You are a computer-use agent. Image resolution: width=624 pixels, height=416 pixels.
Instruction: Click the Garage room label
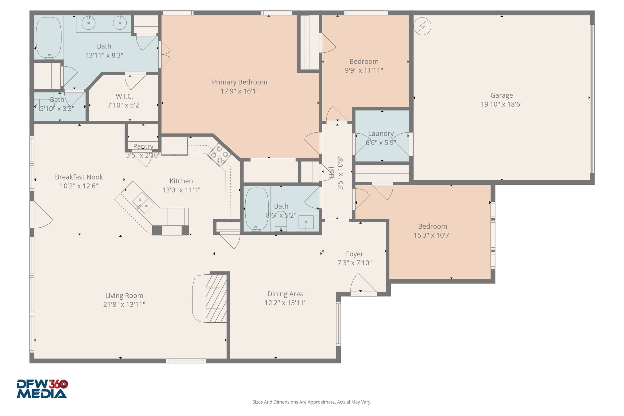click(x=501, y=95)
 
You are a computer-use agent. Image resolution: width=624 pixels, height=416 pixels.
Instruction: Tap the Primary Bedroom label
click(x=240, y=82)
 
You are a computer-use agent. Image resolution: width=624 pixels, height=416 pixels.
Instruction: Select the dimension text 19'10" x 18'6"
click(x=502, y=104)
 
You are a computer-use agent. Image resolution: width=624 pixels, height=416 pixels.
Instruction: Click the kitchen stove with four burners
click(x=219, y=155)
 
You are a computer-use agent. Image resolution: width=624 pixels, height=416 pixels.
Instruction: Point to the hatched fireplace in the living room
click(x=216, y=298)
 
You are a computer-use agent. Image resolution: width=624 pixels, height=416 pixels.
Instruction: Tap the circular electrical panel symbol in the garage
click(x=422, y=26)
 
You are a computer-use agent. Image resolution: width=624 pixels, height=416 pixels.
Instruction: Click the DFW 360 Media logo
click(x=42, y=389)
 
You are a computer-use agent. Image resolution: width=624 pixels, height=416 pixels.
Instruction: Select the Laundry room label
click(x=381, y=134)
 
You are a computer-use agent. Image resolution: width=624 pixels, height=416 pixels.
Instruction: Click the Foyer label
click(x=355, y=254)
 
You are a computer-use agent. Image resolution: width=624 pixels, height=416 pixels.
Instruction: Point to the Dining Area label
click(x=285, y=294)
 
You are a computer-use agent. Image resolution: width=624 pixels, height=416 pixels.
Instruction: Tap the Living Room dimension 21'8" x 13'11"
click(x=124, y=304)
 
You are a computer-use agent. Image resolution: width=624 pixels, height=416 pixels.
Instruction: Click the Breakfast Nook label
click(x=79, y=177)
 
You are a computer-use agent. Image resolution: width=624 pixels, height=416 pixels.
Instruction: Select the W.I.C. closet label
click(x=124, y=96)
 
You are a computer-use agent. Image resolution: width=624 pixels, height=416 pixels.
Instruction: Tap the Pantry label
click(x=143, y=146)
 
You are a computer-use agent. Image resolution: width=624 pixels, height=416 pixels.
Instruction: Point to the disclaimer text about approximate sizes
click(x=312, y=402)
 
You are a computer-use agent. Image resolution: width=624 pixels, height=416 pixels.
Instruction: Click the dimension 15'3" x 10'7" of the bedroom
click(x=432, y=235)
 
